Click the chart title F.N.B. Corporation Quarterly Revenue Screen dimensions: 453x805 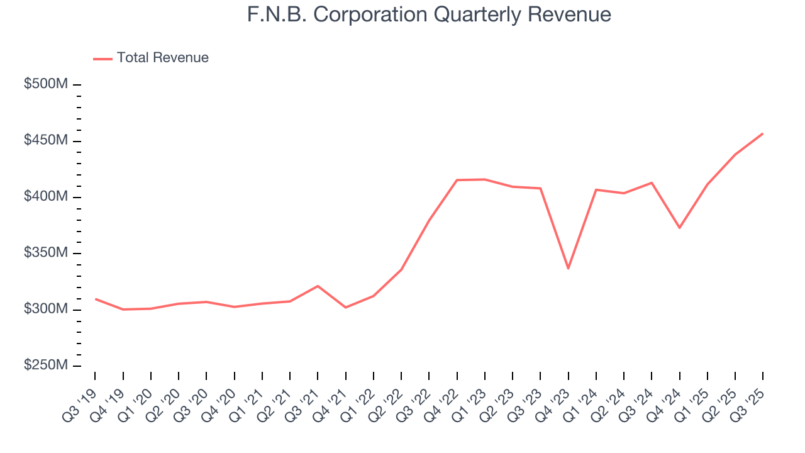[x=429, y=14]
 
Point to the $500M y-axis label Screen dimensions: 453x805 [x=45, y=85]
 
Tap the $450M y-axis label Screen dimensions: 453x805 [x=45, y=141]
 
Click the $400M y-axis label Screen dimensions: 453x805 [x=45, y=197]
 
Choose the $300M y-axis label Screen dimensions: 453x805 [x=45, y=310]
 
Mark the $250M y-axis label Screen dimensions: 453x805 [x=45, y=366]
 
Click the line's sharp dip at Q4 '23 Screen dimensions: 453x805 [x=568, y=269]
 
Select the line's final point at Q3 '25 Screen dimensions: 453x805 [x=763, y=133]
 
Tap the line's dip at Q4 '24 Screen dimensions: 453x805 [x=679, y=228]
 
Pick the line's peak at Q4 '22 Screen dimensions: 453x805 [x=457, y=180]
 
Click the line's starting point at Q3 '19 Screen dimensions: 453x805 [x=95, y=299]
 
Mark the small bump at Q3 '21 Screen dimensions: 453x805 [x=318, y=286]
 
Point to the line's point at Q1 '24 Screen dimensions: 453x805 [x=596, y=189]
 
